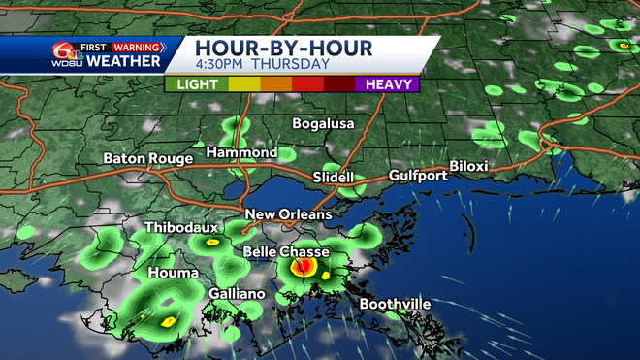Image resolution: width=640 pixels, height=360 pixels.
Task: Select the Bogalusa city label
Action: [324, 124]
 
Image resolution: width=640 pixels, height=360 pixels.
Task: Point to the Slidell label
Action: [334, 178]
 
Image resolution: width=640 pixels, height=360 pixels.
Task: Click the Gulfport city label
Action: [418, 176]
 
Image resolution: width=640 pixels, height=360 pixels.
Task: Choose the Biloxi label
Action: [468, 166]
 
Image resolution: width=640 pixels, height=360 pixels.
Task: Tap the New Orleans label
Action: [288, 214]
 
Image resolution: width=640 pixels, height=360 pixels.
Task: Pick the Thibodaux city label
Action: [181, 228]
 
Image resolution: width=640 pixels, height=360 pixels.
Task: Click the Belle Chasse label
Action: [285, 252]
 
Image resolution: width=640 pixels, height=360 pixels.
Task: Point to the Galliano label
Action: [237, 294]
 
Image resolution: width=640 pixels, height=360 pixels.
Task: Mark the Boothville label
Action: [395, 304]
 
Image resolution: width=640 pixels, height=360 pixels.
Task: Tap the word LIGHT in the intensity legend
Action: [197, 85]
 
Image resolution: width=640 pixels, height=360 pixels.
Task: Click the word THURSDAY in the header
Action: [290, 65]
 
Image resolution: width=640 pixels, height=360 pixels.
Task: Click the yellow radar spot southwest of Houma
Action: [167, 320]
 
